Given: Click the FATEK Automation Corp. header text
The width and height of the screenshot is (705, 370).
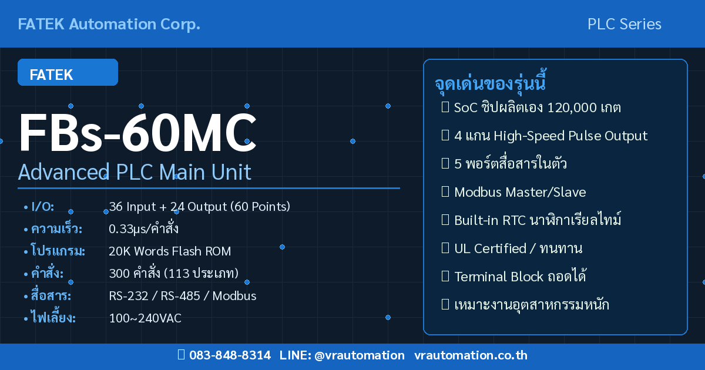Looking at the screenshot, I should pos(109,24).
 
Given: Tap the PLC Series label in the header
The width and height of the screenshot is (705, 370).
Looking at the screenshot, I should pos(624,24).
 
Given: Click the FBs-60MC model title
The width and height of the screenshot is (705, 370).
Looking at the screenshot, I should pos(138,133).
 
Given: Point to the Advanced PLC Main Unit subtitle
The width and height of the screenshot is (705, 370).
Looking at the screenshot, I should pos(135,172).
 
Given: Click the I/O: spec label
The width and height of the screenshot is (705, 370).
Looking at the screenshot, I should pos(42,207).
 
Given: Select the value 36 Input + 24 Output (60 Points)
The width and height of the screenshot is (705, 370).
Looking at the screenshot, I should pos(199,207).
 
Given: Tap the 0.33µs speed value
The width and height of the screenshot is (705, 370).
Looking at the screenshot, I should pos(144,229).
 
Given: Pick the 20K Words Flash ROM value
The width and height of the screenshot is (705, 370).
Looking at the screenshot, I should pos(170,251).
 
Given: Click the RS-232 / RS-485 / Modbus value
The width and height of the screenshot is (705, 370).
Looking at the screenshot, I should pos(183,296).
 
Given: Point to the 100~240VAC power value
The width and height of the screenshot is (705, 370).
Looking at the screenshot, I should pos(145,318).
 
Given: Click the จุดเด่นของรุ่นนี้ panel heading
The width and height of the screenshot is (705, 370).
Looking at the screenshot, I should pos(491,83).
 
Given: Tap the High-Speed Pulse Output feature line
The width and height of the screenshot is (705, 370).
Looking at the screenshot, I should pos(550,136).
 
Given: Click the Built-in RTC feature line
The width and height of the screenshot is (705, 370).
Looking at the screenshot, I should pos(537,220).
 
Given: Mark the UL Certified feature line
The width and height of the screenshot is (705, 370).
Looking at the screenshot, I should pos(518,248).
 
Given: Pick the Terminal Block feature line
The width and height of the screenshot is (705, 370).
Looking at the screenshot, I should pos(520,277).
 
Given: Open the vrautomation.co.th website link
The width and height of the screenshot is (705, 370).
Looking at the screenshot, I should pos(471,355).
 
